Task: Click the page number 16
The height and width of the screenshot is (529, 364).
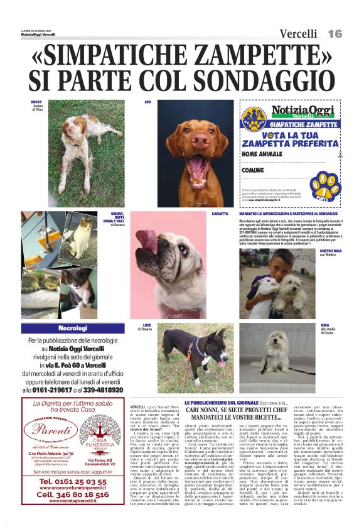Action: tap(335, 33)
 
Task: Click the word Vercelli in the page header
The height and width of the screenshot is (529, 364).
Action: tap(298, 34)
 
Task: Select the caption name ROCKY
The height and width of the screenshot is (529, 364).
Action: tap(36, 101)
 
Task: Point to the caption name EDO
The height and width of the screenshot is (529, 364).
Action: tap(148, 101)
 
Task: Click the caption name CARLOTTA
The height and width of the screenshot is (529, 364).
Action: tap(220, 214)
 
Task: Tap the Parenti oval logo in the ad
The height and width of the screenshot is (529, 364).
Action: tap(52, 431)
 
